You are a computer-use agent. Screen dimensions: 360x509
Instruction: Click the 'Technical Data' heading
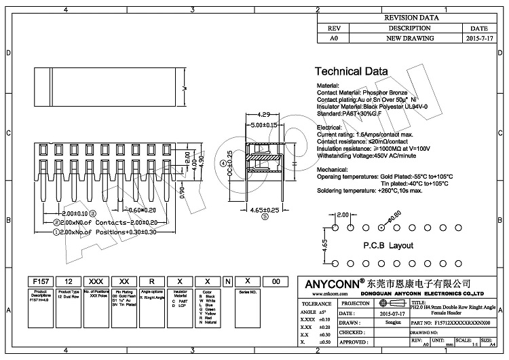tap(352, 71)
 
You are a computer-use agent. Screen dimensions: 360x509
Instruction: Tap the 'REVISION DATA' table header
tap(411, 18)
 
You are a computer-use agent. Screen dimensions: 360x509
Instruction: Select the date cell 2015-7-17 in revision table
tap(483, 39)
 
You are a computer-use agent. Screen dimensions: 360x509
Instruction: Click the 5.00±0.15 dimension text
tap(264, 125)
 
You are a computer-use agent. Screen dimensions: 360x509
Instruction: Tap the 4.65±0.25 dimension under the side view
tap(265, 211)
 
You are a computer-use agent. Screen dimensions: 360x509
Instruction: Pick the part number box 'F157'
tap(40, 281)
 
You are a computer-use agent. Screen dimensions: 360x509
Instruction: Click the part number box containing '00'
tap(275, 281)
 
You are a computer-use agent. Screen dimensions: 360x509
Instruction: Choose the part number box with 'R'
tap(152, 281)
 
